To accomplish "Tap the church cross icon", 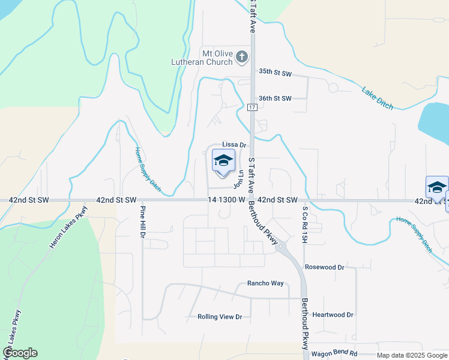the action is point(242,57).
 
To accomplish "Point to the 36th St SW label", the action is point(275,98).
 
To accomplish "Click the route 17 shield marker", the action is point(253,107).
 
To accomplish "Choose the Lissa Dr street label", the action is point(235,145).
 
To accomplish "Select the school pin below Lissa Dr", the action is point(223,161).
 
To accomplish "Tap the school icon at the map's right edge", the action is point(437,188).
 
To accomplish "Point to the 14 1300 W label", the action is point(226,199).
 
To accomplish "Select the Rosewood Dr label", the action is point(325,267).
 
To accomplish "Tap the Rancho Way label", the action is point(265,284).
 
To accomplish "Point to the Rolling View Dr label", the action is point(220,317).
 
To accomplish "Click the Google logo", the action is point(20,353).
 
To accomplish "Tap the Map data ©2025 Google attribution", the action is point(412,355).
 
